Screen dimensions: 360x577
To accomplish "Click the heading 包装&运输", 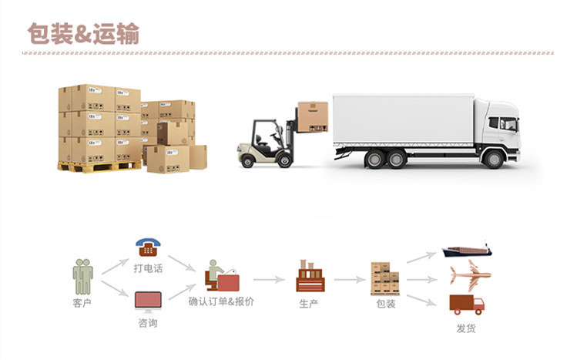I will pos(84,33).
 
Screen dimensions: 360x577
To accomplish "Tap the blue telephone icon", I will pos(147,247).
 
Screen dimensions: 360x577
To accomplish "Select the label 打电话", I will pos(148,268).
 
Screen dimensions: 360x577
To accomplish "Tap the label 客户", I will pos(82,302).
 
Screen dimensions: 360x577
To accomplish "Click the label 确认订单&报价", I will pos(221,301).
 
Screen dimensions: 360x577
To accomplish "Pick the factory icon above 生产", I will pos(310,276).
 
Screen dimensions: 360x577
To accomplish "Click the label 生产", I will pos(310,303).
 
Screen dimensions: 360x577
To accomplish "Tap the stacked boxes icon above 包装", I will pos(384,278).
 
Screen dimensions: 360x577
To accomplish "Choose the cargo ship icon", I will pos(466,251).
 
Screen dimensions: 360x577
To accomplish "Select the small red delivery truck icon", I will pos(467,304).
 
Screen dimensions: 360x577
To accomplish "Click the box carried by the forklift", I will pos(313,117).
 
